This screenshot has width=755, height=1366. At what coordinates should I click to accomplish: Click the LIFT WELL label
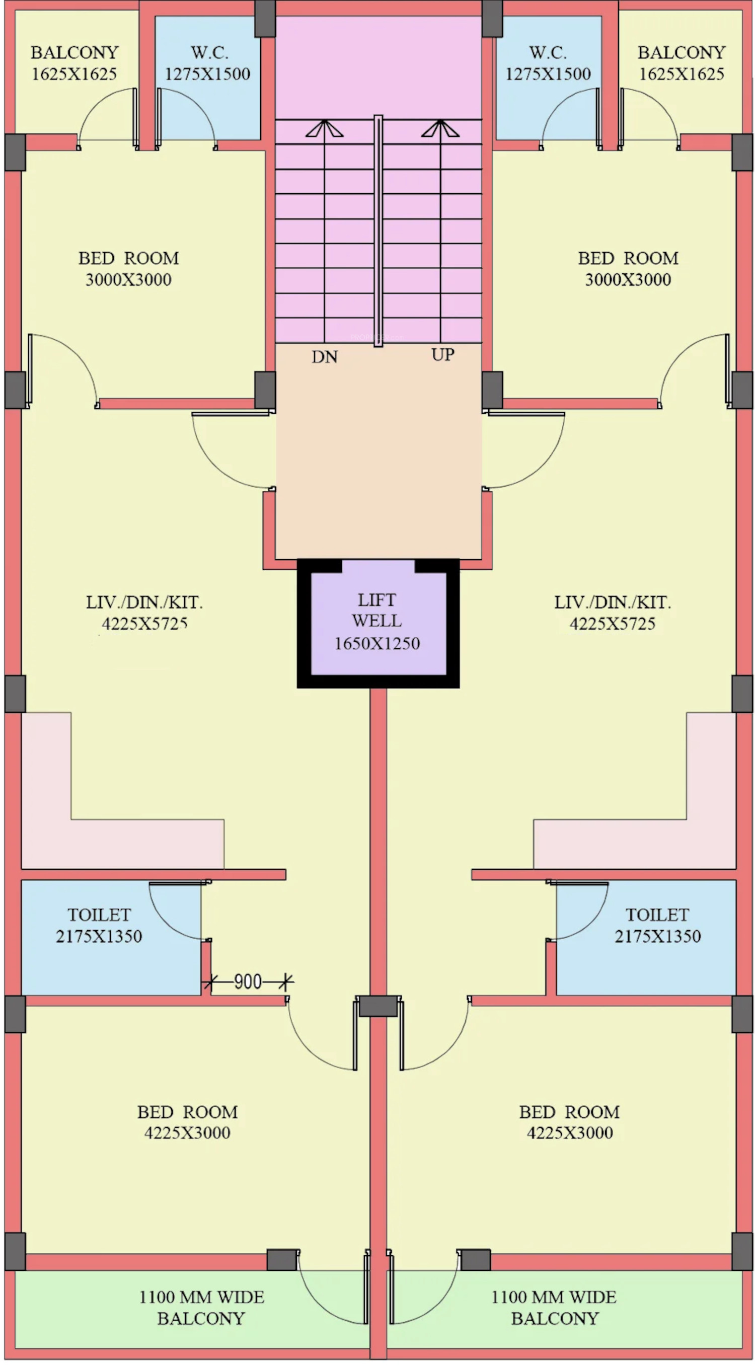tap(377, 621)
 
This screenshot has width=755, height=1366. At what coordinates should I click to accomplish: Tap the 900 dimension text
tap(248, 981)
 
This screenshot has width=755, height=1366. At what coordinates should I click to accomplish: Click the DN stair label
tap(325, 357)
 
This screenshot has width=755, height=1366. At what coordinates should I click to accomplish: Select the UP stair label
tap(443, 355)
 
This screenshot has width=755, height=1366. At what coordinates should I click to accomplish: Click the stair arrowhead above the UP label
tap(440, 128)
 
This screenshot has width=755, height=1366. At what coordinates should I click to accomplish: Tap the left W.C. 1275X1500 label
tap(207, 63)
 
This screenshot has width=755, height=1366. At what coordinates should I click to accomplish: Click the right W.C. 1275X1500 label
tap(548, 63)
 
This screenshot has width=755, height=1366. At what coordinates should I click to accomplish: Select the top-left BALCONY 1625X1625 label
tap(74, 63)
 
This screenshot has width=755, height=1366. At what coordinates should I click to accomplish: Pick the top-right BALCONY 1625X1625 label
tap(682, 63)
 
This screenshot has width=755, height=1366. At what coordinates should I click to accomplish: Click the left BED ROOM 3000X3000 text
tap(128, 269)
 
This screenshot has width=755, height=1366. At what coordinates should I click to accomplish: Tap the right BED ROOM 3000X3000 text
tap(628, 269)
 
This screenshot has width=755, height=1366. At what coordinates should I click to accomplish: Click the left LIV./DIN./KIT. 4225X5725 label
tap(144, 613)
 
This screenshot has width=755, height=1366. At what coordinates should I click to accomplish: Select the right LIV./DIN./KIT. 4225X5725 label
tap(613, 613)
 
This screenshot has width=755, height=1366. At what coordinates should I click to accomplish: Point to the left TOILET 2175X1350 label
tap(99, 925)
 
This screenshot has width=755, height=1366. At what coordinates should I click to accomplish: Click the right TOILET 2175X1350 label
tap(657, 925)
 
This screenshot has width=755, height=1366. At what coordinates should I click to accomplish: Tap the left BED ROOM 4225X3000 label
tap(187, 1122)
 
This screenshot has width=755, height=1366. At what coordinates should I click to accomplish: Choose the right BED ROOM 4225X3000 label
tap(569, 1122)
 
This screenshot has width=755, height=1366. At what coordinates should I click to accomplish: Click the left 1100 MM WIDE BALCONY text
tap(201, 1308)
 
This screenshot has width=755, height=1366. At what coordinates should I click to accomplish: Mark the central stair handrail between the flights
tap(378, 231)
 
